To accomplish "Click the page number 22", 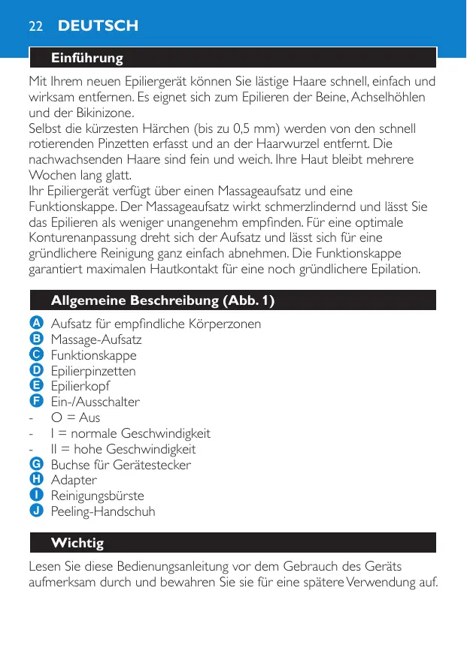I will click(x=35, y=26).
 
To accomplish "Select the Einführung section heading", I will click(x=86, y=58).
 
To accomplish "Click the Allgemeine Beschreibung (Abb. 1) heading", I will click(x=162, y=300).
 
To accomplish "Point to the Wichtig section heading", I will click(x=77, y=542).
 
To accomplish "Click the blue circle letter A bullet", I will click(x=36, y=323).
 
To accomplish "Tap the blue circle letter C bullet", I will click(x=36, y=354).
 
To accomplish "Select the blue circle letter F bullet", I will click(x=36, y=401).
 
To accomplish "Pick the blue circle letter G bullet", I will click(x=36, y=464).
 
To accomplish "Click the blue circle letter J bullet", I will click(x=36, y=511).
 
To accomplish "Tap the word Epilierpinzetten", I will click(x=93, y=371).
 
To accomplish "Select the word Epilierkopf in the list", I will click(x=80, y=386).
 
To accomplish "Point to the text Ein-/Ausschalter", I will click(x=95, y=402).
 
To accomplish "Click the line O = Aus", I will click(x=75, y=417).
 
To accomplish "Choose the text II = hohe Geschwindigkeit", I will click(x=123, y=449).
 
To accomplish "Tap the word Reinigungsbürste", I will click(x=97, y=496).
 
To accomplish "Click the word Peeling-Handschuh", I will click(x=102, y=511).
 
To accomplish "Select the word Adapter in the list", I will click(x=74, y=480).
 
